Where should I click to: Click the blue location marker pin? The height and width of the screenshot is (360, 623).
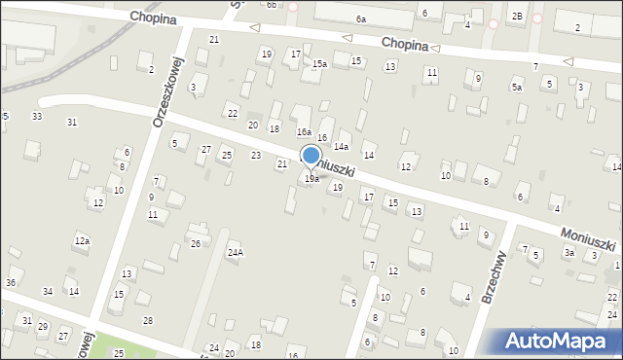[311, 157]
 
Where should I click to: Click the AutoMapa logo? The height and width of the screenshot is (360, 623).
[559, 341]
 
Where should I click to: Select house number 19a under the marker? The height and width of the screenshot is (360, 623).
[311, 179]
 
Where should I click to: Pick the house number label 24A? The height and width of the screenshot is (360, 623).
[235, 253]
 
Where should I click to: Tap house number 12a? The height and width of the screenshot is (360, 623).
[82, 240]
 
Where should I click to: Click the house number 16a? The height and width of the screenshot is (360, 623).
[304, 131]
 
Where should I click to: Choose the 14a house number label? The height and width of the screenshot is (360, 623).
[341, 146]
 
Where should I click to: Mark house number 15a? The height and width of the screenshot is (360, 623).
[319, 63]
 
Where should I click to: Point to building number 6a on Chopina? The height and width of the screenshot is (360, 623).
[360, 19]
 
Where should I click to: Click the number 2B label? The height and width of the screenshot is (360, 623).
[518, 17]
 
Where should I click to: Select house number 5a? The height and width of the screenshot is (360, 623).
[517, 87]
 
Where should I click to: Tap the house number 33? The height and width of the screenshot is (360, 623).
[37, 117]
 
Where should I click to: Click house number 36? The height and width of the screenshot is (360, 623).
[11, 283]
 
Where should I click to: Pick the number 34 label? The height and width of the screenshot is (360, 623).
[48, 292]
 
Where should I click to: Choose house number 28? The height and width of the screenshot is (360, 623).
[147, 321]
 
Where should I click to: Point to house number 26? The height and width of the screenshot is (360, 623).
[196, 243]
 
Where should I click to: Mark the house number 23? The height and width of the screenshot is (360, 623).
[256, 156]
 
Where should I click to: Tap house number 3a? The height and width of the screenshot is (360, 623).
[569, 253]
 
